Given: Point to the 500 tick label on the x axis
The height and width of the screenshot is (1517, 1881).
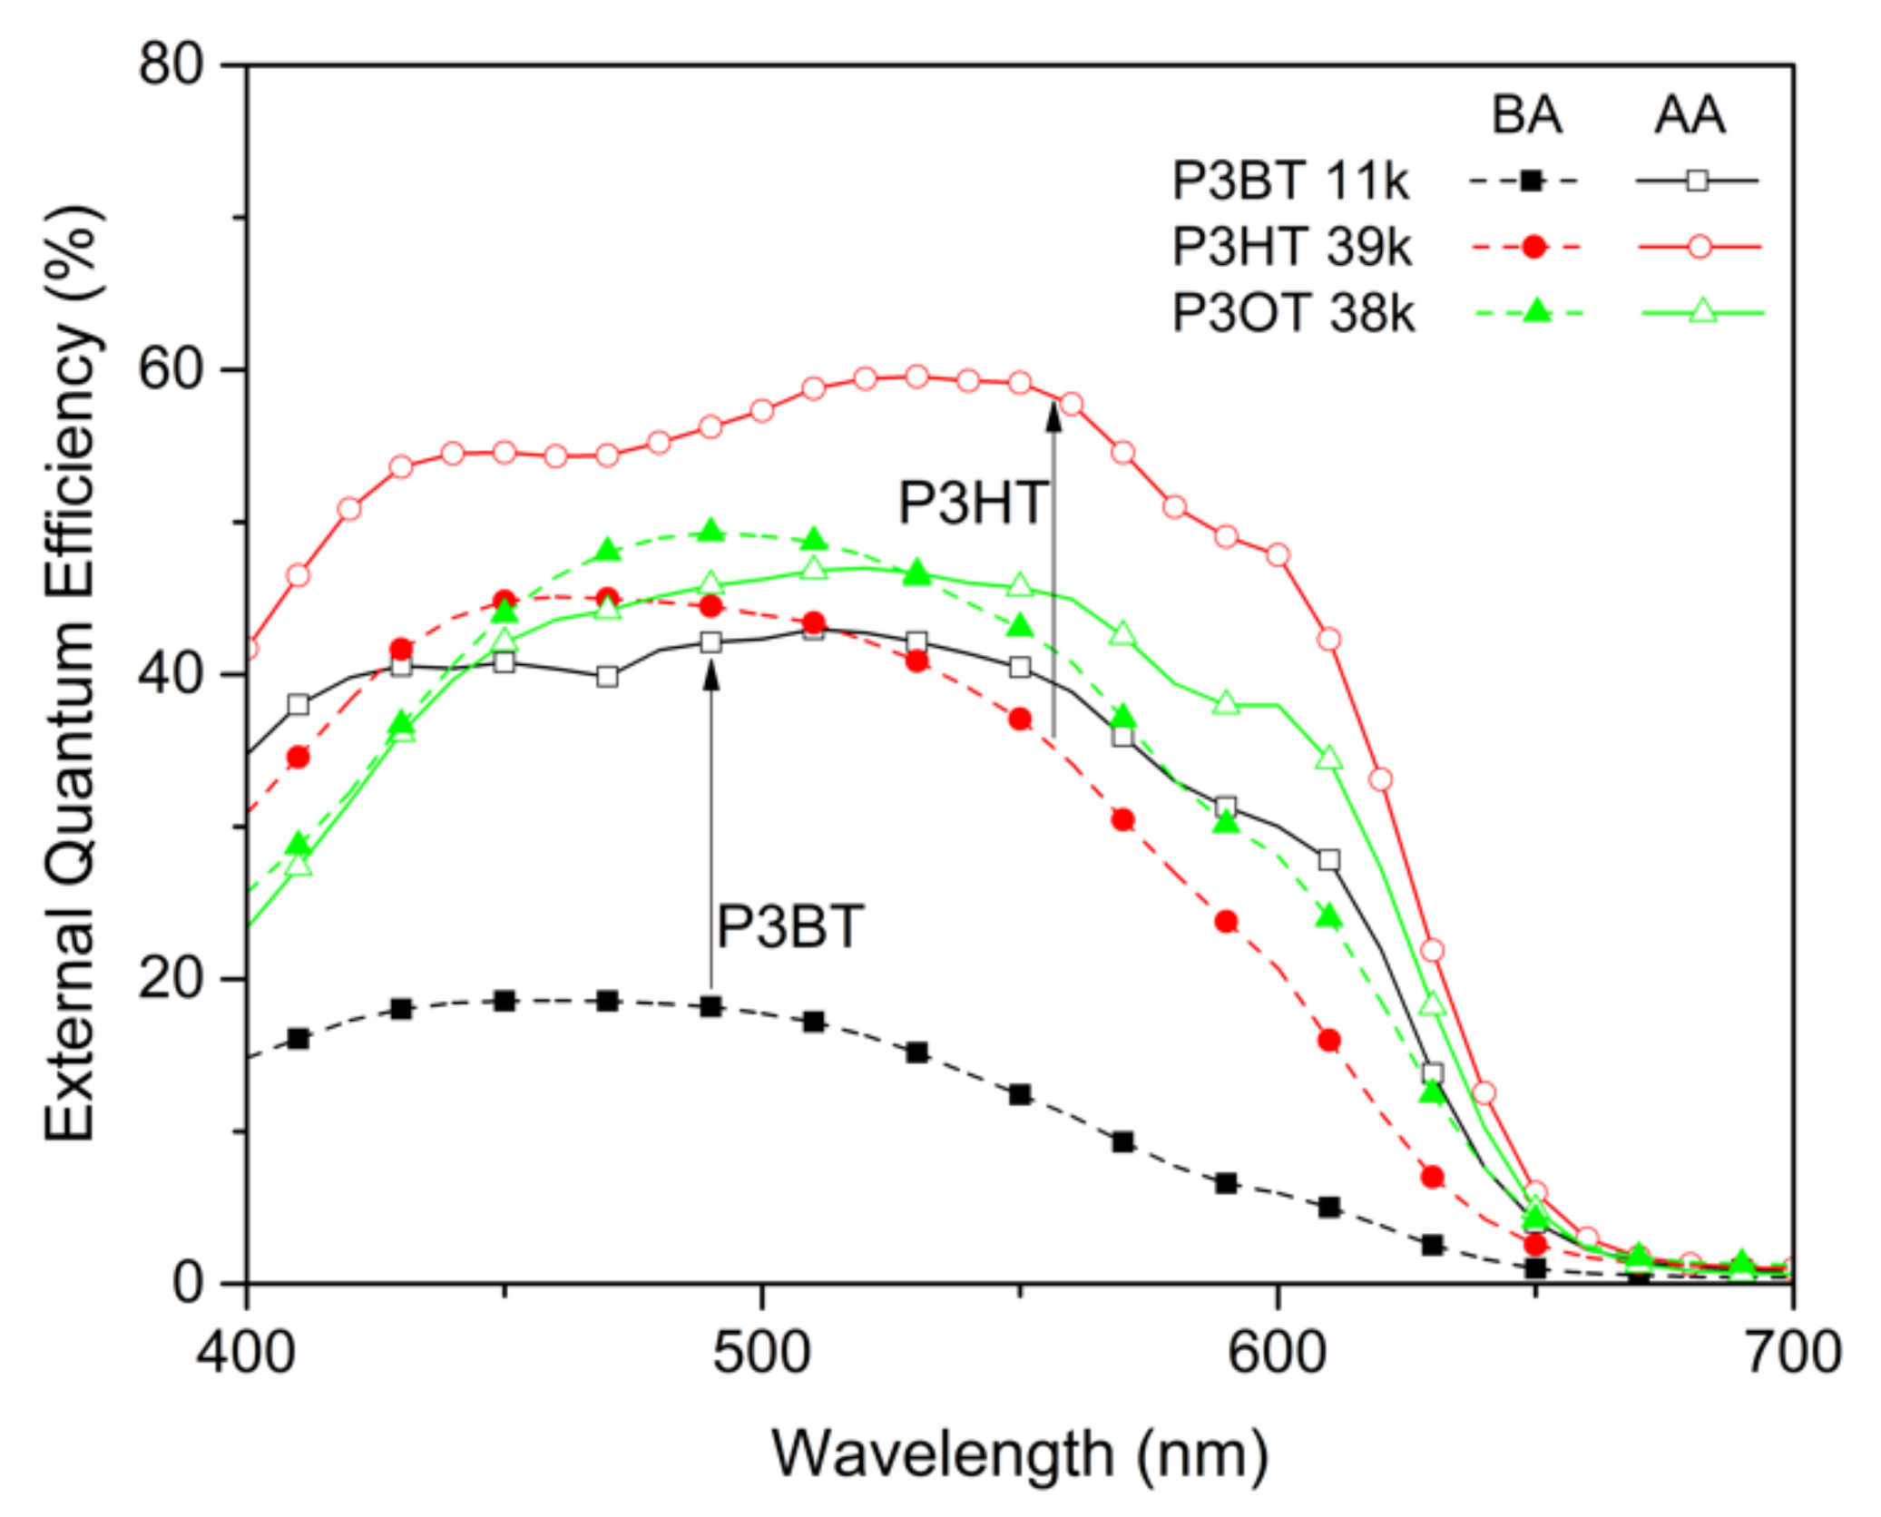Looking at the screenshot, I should click(760, 1353).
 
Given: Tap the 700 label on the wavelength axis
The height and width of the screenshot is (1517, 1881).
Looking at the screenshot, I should click(1792, 1353).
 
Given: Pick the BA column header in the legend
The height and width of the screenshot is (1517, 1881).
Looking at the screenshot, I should click(1527, 115).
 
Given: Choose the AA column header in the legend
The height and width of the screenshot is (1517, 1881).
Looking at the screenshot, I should click(1689, 115).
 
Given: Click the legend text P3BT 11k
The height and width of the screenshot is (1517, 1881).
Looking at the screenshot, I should click(1289, 181).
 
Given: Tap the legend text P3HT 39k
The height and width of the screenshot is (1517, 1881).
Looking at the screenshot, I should click(1291, 246).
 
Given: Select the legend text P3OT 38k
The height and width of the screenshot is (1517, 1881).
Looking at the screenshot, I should click(1293, 313).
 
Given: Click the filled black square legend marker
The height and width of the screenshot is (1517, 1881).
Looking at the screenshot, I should click(1531, 181).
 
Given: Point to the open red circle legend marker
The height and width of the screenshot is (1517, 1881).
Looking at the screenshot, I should click(1699, 247).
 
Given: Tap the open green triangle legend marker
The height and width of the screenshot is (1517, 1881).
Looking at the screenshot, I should click(1703, 312).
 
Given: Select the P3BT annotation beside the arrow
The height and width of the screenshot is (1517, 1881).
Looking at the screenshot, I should click(789, 927).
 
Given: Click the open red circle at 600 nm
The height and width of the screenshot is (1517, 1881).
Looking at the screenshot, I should click(1277, 555).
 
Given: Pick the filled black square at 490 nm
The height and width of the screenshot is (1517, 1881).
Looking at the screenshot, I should click(711, 1006).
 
